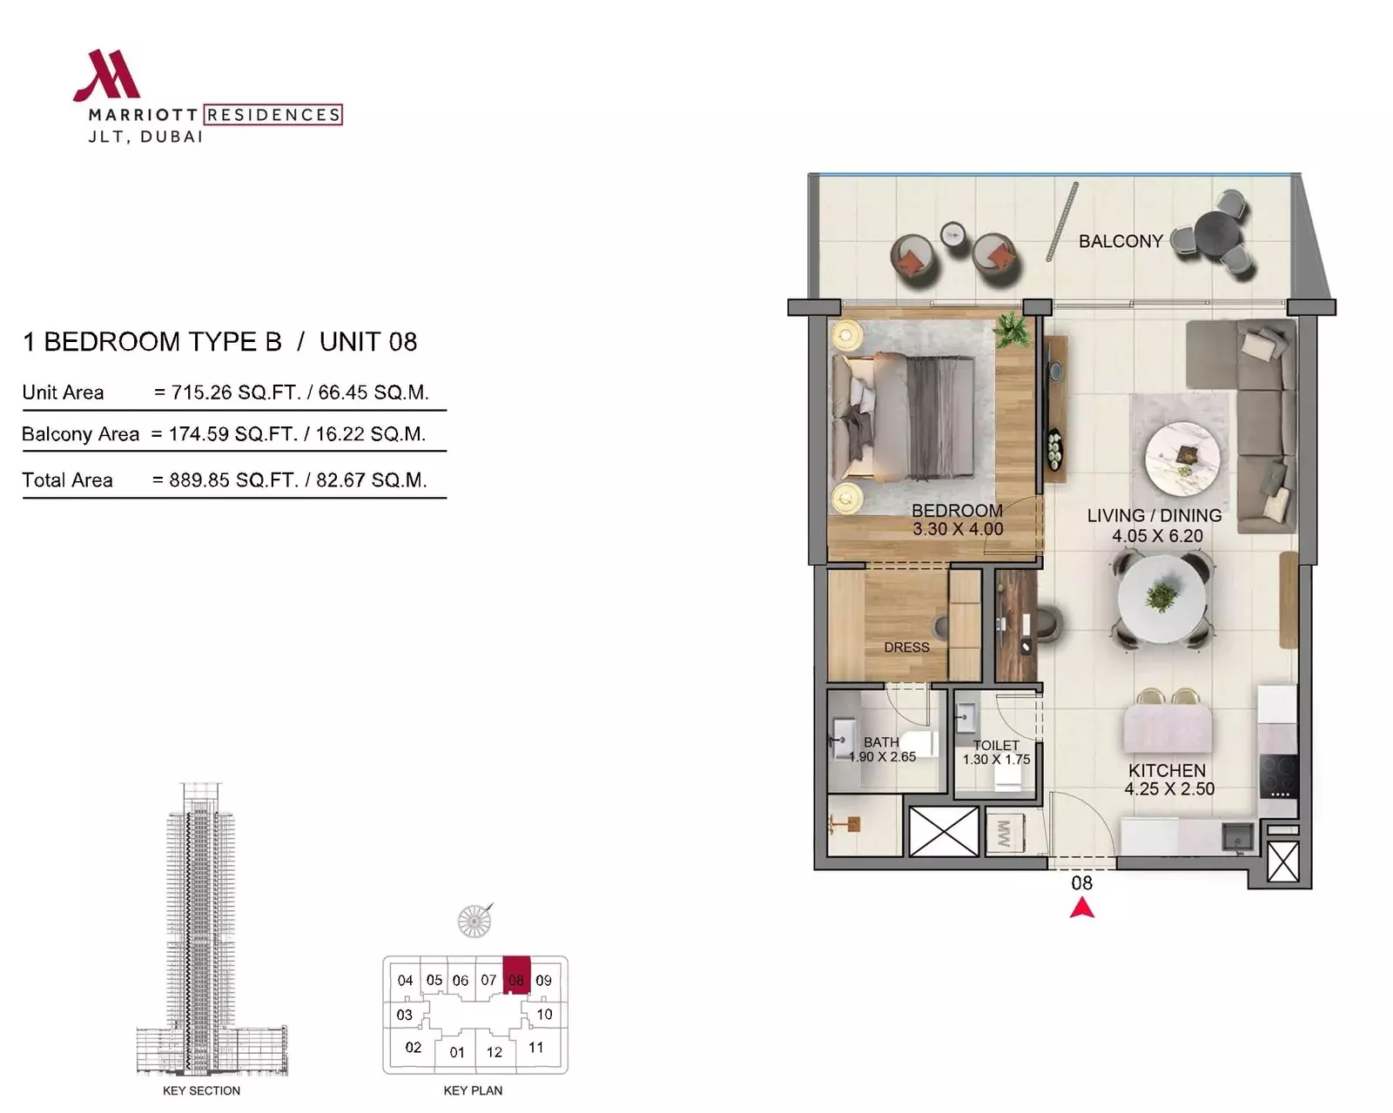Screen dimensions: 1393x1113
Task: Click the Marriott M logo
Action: tap(107, 76)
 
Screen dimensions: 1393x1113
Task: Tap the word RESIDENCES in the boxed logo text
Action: tap(273, 115)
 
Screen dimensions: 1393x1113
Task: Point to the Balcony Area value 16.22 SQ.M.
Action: tap(371, 433)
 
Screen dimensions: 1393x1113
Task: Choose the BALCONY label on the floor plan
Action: tap(1120, 241)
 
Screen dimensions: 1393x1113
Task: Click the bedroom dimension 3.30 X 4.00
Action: tap(958, 529)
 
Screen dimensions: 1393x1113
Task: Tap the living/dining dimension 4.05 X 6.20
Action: tap(1157, 536)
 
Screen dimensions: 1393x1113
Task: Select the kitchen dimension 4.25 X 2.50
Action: tap(1169, 788)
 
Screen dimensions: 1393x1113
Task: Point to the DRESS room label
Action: tap(906, 647)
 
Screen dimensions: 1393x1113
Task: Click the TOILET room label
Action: tap(996, 746)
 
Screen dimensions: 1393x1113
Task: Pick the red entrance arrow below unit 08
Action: tap(1081, 909)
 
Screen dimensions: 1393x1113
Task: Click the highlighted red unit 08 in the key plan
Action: tap(516, 976)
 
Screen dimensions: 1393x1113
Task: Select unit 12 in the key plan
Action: tap(495, 1052)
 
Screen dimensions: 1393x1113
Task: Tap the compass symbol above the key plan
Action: tap(474, 921)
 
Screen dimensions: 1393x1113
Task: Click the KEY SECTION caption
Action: tap(201, 1090)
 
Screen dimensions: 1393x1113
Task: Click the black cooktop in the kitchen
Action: tap(1278, 776)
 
